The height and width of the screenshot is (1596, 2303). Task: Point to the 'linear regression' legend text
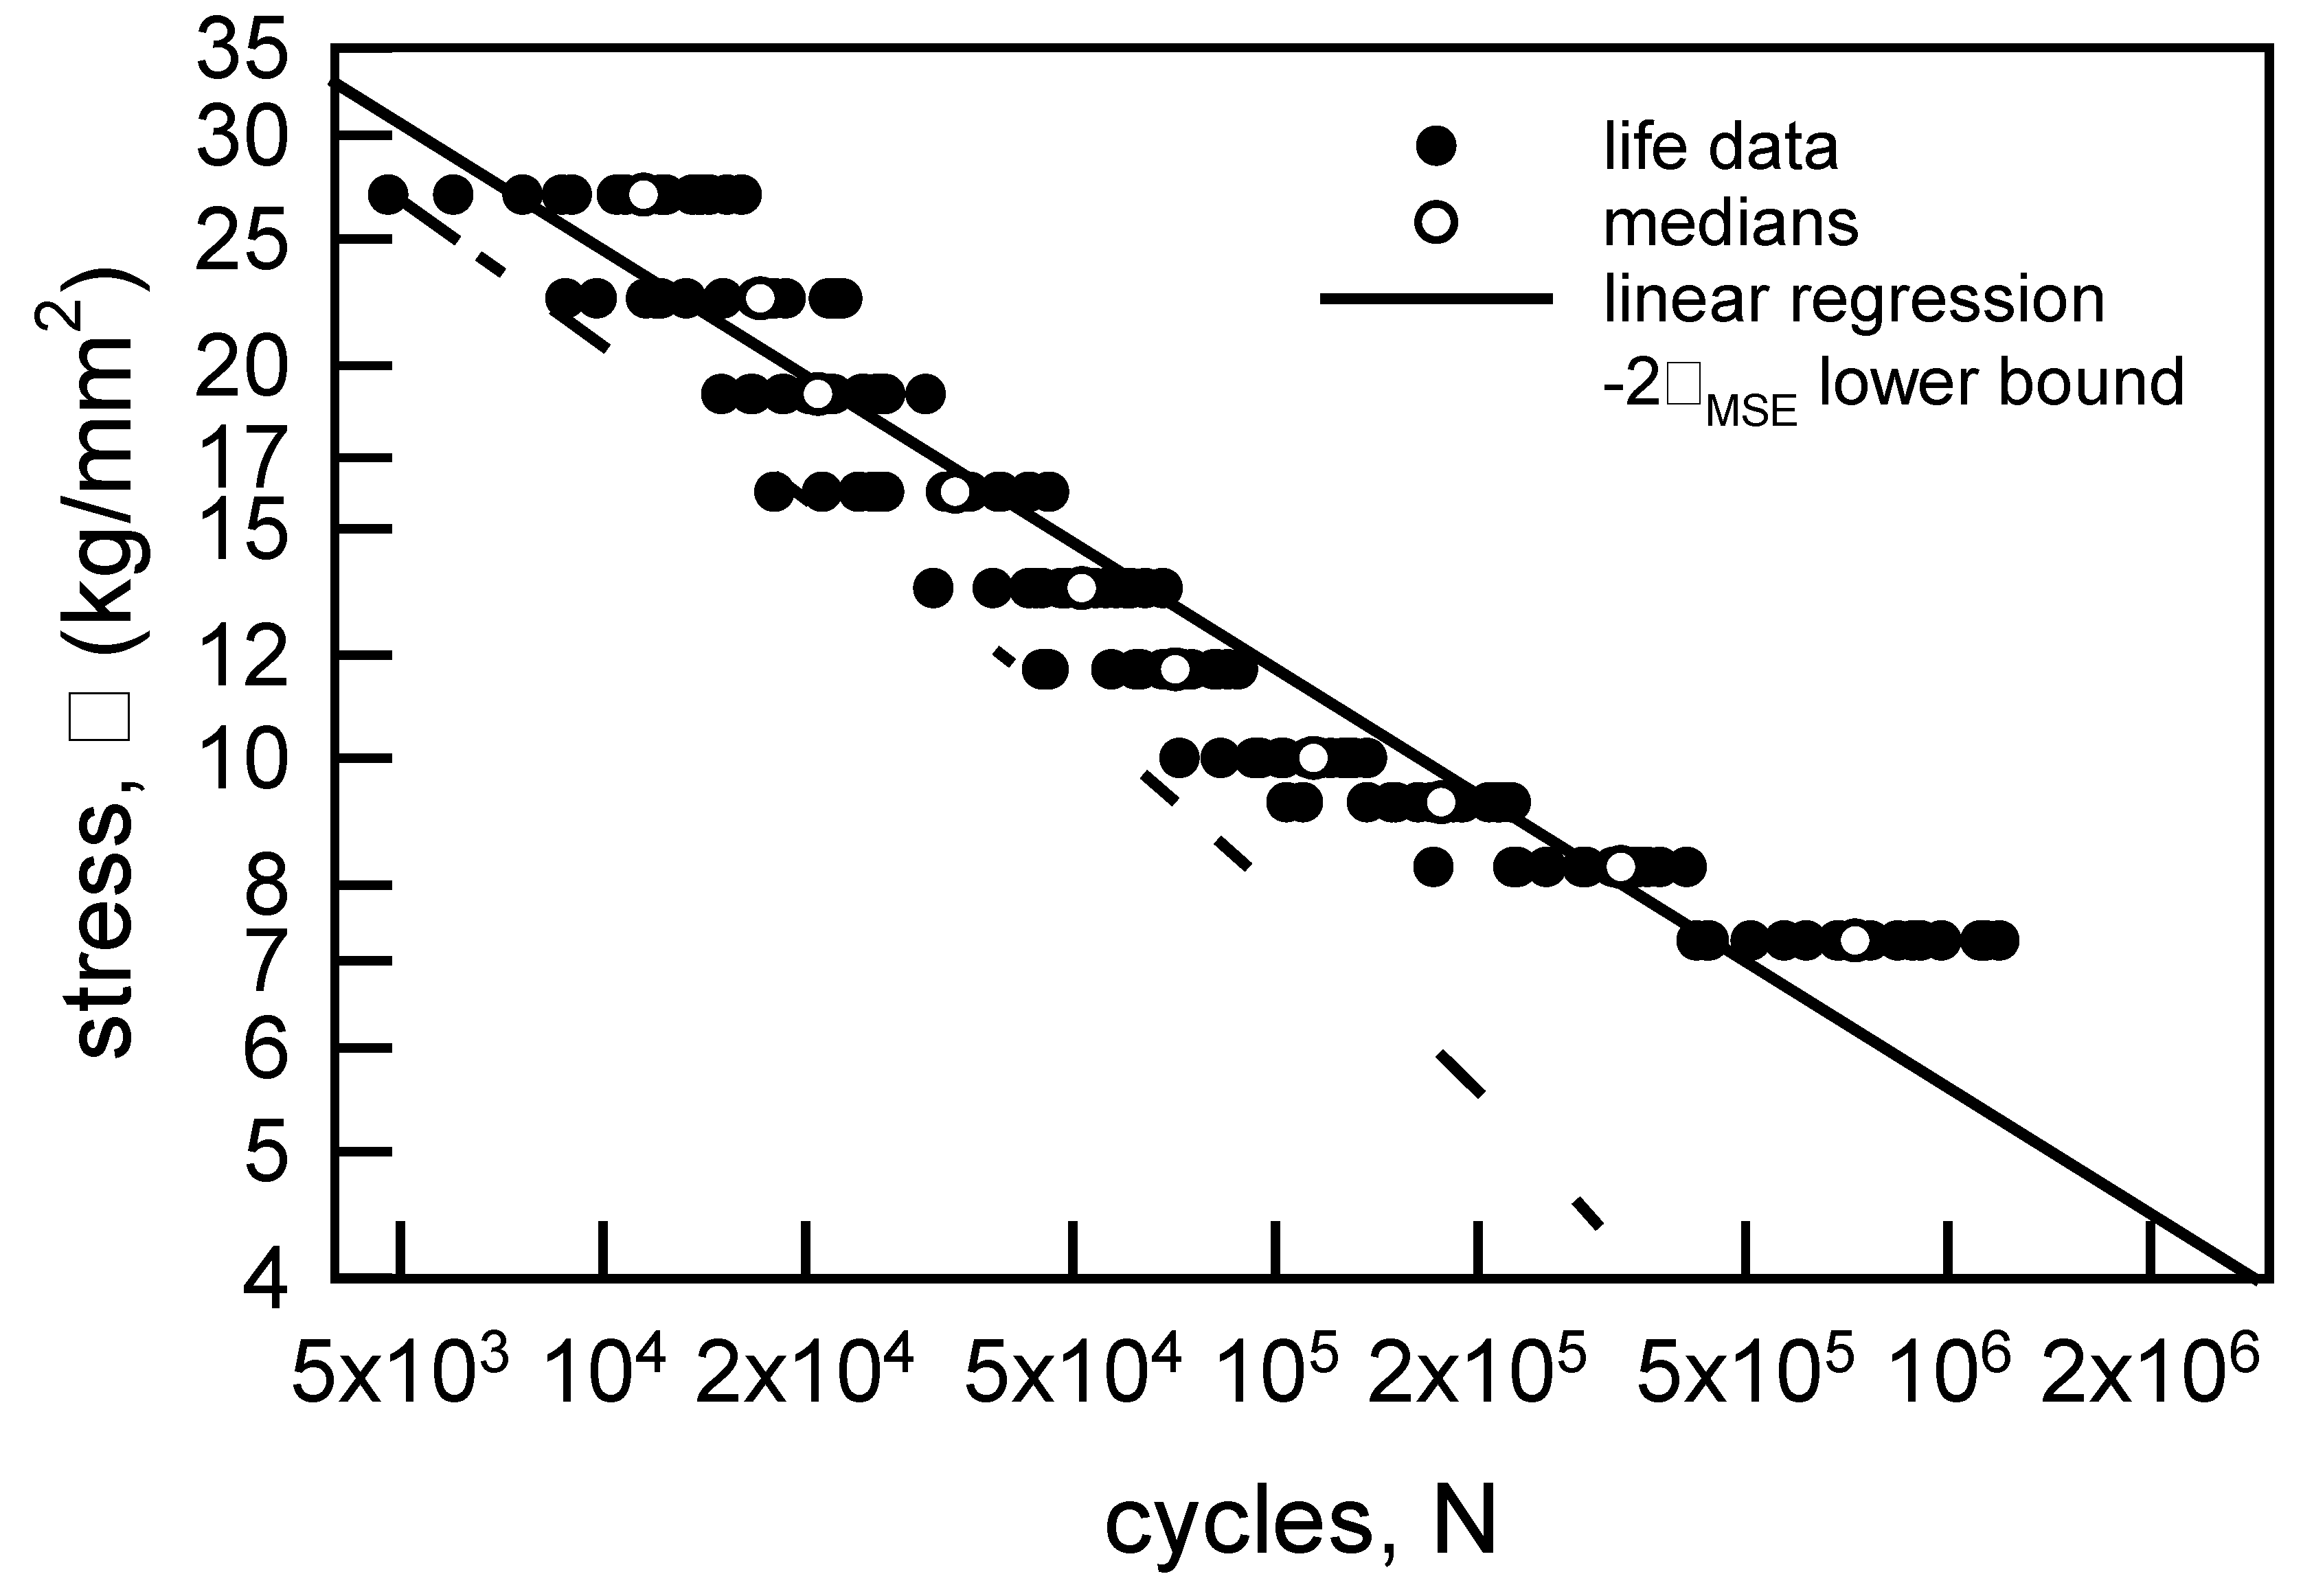tap(1854, 299)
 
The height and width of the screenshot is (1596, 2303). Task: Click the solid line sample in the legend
tap(1436, 299)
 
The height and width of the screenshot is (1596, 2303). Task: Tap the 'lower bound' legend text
tap(2000, 382)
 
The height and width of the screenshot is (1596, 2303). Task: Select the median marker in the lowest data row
tap(1854, 941)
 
